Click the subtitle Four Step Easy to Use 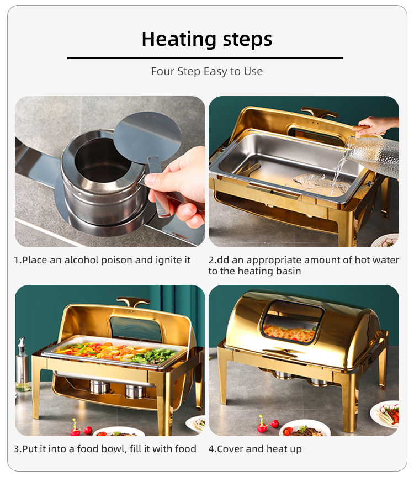pyautogui.click(x=207, y=72)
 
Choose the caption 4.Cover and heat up pyautogui.click(x=255, y=449)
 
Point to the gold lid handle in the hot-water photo pyautogui.click(x=319, y=113)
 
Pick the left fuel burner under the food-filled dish pyautogui.click(x=100, y=386)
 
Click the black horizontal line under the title pyautogui.click(x=205, y=58)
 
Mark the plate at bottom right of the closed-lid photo pyautogui.click(x=387, y=414)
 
